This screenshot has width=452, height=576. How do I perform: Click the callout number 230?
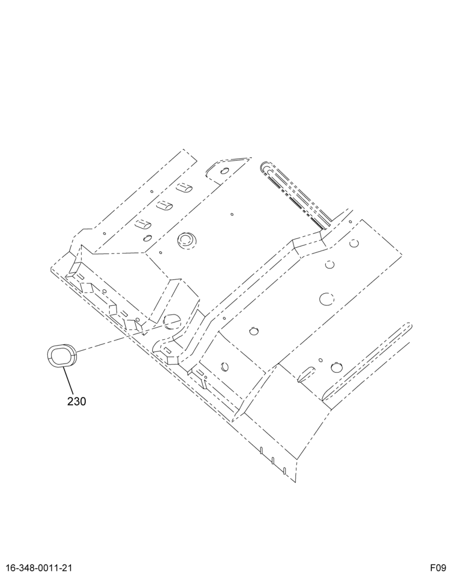[x=77, y=401]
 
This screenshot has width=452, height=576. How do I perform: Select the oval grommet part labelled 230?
[x=61, y=355]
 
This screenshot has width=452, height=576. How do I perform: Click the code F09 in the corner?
[x=439, y=567]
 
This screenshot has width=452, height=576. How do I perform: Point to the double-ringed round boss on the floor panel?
[x=187, y=240]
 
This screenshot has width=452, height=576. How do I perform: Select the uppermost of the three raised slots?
[x=184, y=187]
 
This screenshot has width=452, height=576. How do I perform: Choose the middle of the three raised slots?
[x=164, y=206]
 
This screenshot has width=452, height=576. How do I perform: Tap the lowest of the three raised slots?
[x=144, y=223]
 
